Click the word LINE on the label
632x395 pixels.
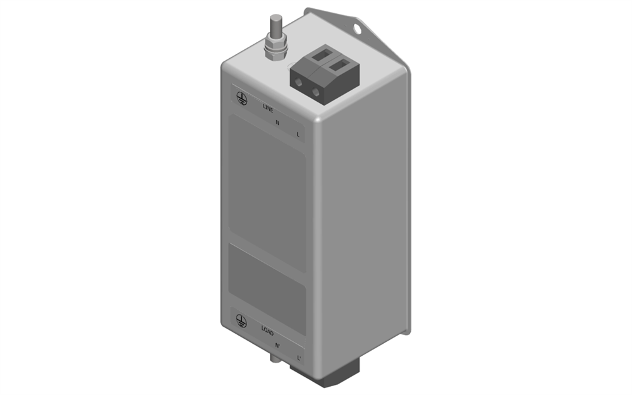click(x=268, y=108)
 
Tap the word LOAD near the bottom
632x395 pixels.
click(x=267, y=331)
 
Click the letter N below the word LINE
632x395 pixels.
click(x=277, y=123)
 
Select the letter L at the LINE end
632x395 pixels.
click(x=298, y=135)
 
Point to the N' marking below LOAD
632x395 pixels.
click(x=277, y=346)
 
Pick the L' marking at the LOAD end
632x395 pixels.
click(x=299, y=358)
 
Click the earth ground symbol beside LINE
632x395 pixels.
click(x=241, y=98)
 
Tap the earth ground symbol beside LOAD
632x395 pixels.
click(x=241, y=321)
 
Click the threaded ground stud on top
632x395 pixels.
click(x=276, y=25)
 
